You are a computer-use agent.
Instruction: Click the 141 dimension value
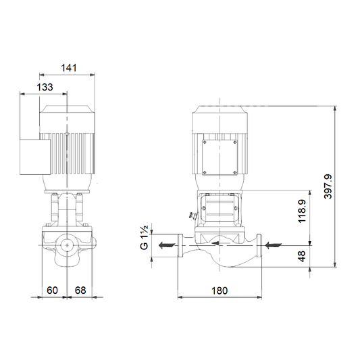[69, 68]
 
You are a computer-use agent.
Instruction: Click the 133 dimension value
[45, 87]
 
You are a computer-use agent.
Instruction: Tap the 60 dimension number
[52, 290]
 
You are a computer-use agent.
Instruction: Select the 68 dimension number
[80, 290]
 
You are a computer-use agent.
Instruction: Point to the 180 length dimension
[220, 290]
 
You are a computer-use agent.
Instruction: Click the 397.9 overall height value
[328, 186]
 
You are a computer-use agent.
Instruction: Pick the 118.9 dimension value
[302, 211]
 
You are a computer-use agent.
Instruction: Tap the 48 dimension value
[302, 256]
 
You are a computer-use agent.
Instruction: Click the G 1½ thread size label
[144, 238]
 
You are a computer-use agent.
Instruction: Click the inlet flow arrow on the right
[274, 245]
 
